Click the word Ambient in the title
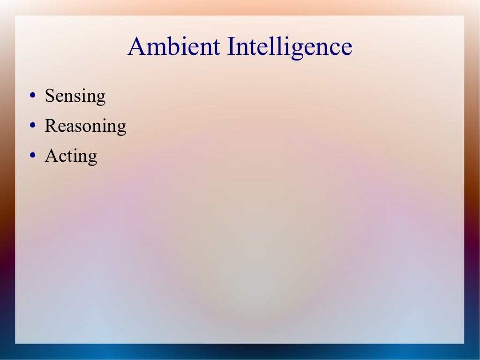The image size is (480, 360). point(173,47)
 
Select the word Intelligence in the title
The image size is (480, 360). point(289,47)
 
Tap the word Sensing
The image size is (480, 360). point(75,96)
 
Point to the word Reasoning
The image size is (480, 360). point(85,126)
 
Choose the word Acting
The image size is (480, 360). point(71,156)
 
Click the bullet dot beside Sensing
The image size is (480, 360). point(32,96)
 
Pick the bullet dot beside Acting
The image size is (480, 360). point(32,156)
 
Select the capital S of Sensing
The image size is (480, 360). point(49,96)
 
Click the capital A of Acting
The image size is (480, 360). point(51,156)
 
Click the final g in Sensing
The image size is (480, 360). point(101,98)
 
